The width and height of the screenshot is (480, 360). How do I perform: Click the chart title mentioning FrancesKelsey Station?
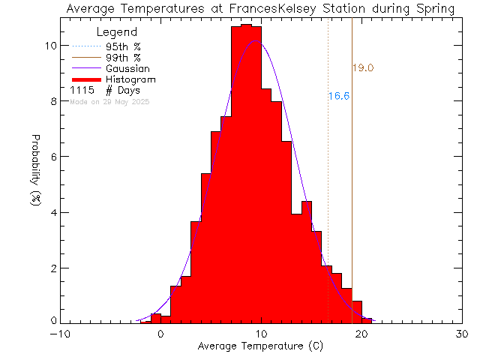tap(259, 9)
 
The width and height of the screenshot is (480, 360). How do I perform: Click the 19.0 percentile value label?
tap(363, 68)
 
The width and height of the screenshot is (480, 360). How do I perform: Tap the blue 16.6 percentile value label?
tap(339, 96)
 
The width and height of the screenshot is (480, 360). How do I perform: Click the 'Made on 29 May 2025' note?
tap(109, 101)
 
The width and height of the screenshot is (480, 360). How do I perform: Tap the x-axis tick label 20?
tap(361, 334)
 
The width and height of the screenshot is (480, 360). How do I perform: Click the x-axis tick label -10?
tap(61, 334)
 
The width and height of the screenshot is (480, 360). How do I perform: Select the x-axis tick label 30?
tap(461, 334)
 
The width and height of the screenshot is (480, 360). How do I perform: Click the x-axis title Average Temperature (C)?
tap(259, 346)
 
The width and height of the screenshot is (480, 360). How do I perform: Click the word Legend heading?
tap(117, 32)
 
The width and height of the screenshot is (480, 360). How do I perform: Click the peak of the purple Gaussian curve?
tap(256, 40)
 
